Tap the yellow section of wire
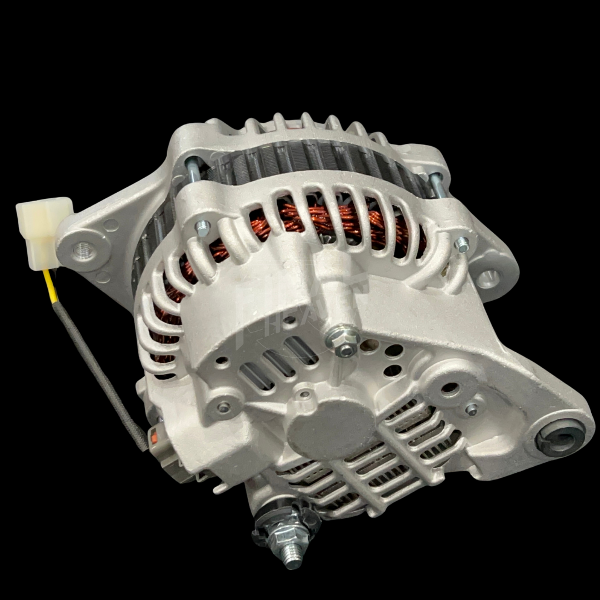[x=51, y=286]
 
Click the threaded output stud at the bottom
[x=291, y=556]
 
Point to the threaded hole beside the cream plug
[x=85, y=252]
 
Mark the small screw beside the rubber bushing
[x=472, y=409]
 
